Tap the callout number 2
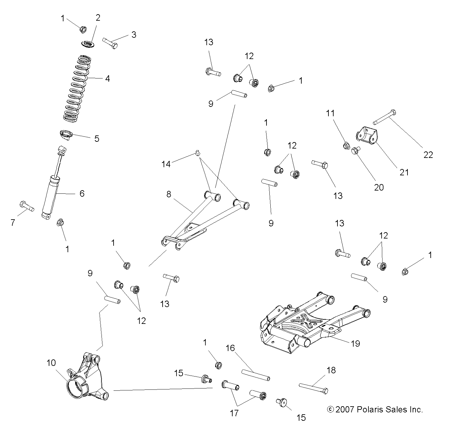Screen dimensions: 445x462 [x=98, y=18]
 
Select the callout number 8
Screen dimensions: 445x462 [x=169, y=194]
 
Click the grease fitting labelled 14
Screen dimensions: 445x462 [x=198, y=152]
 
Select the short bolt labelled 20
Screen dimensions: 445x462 [x=356, y=150]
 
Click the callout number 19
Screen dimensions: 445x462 [x=355, y=343]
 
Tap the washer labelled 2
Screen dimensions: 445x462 [x=87, y=43]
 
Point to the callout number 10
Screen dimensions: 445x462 [x=51, y=363]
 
